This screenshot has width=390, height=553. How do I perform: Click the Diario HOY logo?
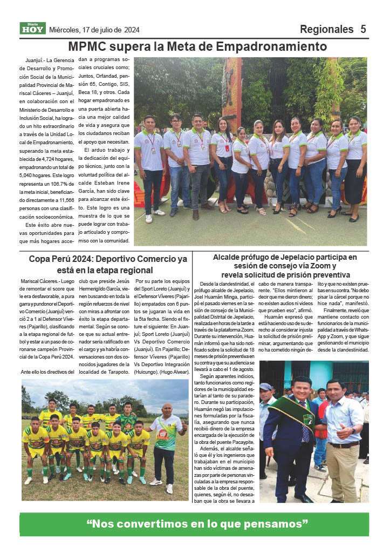pos(32,29)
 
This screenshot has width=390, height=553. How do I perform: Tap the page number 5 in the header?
pos(364,29)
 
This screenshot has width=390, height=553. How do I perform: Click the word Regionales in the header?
pos(325,29)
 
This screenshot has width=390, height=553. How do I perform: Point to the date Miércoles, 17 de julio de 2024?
pos(94,30)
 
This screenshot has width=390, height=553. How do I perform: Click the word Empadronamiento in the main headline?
pos(273,46)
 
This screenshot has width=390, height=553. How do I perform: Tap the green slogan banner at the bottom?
pos(195,523)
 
